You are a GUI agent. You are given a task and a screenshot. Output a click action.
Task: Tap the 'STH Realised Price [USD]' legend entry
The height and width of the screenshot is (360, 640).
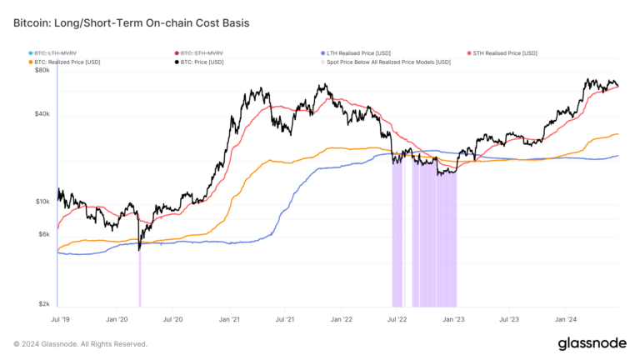[x=504, y=52]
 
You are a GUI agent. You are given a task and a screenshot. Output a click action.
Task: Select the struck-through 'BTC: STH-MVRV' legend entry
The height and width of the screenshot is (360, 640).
[x=203, y=52]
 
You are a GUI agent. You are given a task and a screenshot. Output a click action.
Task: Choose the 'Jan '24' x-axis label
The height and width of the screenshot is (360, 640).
[x=566, y=319]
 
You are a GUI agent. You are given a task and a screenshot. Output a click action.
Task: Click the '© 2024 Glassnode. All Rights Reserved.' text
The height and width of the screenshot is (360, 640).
[x=80, y=343]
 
